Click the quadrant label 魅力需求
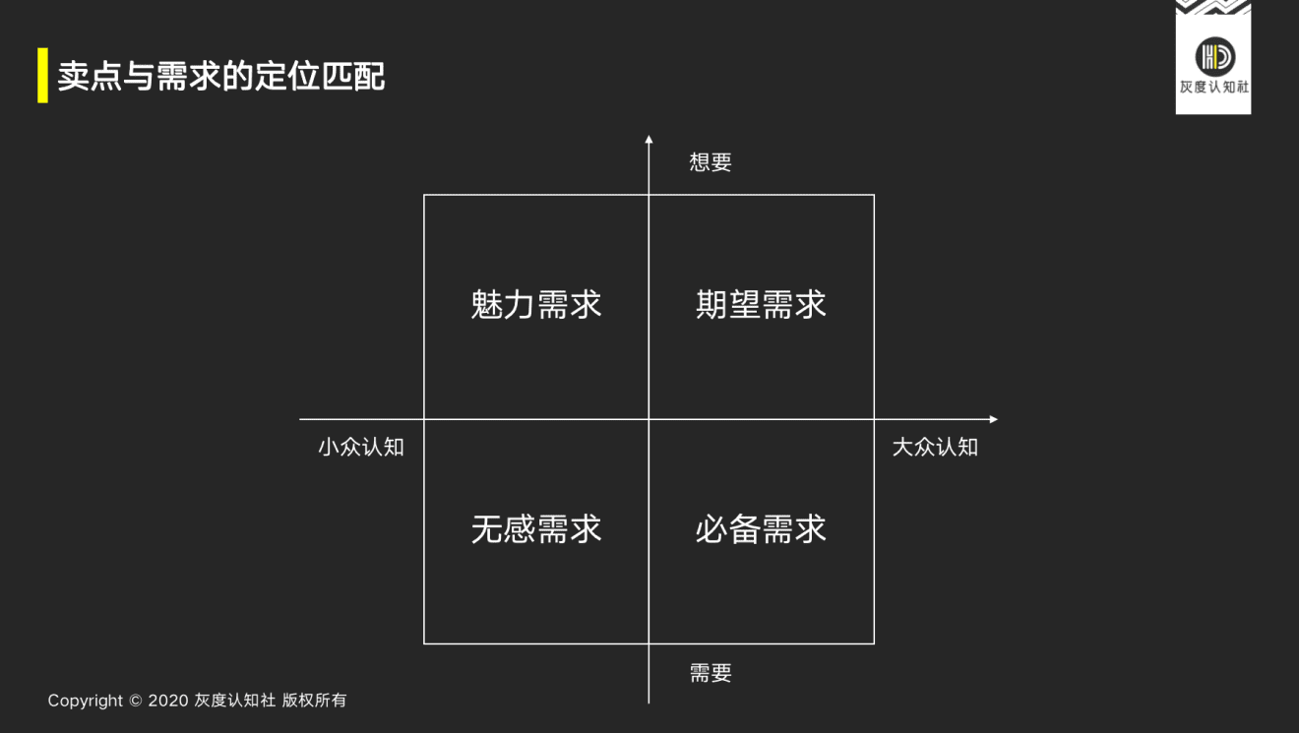(535, 304)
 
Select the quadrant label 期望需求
(761, 304)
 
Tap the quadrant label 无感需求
(535, 529)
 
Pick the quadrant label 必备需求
(761, 529)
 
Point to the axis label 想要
(711, 161)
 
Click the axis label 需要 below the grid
(711, 673)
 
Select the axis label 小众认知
(361, 447)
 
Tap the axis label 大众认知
(935, 447)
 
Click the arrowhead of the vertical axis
(649, 139)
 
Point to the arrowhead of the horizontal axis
(994, 419)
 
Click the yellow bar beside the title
(43, 76)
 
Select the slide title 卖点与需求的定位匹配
(221, 76)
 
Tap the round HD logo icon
(1215, 57)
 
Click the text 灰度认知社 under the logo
(1214, 87)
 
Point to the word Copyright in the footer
(86, 701)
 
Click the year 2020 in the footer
(168, 701)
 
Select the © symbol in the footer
(136, 701)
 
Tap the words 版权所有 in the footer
(314, 701)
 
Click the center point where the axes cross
(649, 419)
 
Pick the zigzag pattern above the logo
(1213, 7)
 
